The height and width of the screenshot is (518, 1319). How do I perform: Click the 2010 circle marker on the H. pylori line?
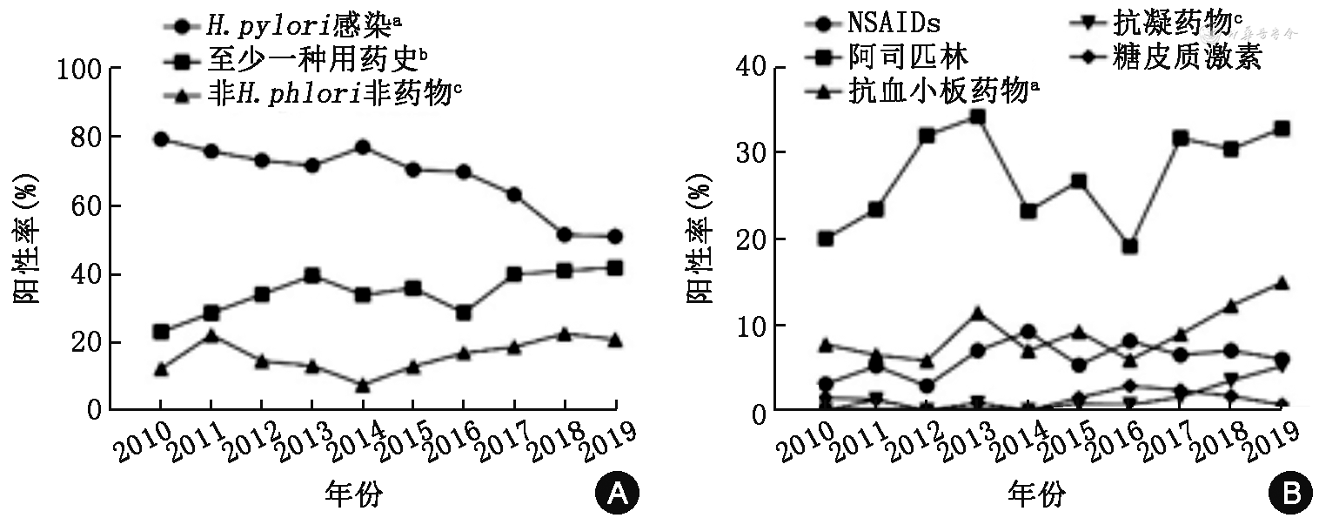point(161,139)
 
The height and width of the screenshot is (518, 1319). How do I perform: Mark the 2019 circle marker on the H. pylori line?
point(615,236)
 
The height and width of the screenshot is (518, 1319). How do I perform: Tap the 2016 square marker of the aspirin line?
point(1129,246)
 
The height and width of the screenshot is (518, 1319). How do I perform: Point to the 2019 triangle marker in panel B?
point(1282,283)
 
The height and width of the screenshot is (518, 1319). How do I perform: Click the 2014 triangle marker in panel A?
point(363,385)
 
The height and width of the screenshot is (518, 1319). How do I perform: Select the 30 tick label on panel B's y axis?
point(759,152)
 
